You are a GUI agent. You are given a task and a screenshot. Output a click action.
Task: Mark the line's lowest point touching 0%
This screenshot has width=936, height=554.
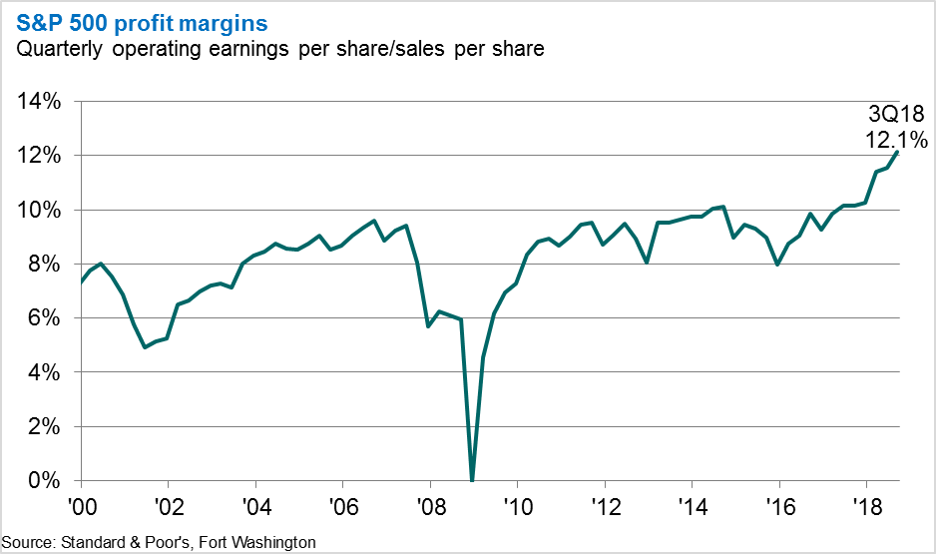pyautogui.click(x=472, y=479)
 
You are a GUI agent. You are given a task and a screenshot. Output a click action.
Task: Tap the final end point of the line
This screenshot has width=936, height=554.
pyautogui.click(x=898, y=153)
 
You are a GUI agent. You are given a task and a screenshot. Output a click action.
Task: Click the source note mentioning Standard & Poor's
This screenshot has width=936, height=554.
pyautogui.click(x=159, y=542)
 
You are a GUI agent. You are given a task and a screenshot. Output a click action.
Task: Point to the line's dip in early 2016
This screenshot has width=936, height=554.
pyautogui.click(x=777, y=265)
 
